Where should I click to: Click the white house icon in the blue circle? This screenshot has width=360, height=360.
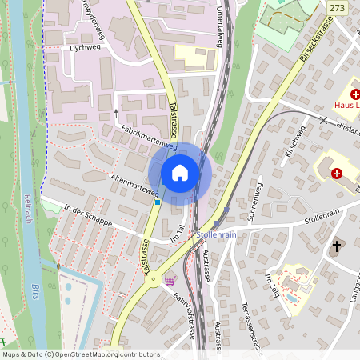click(180, 173)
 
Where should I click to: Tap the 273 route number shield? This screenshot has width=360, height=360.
click(338, 6)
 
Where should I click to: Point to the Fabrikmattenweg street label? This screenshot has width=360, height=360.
click(149, 137)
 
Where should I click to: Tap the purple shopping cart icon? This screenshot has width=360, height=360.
click(169, 280)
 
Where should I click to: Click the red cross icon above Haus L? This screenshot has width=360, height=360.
click(354, 94)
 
